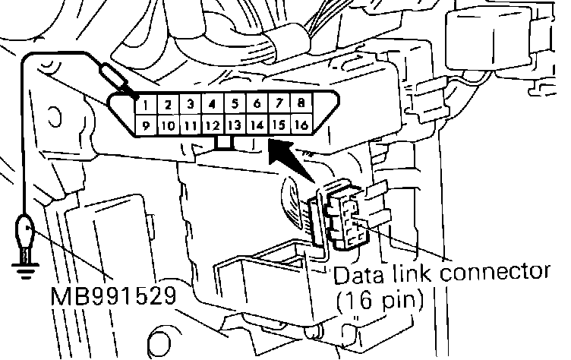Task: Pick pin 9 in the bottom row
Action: click(146, 125)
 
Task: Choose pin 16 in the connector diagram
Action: click(301, 125)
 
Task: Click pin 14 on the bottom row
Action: click(257, 125)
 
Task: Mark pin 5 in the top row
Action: click(235, 103)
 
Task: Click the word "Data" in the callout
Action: click(360, 274)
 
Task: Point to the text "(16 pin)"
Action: click(379, 299)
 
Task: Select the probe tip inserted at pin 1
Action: click(121, 81)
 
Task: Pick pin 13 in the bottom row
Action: click(235, 125)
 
